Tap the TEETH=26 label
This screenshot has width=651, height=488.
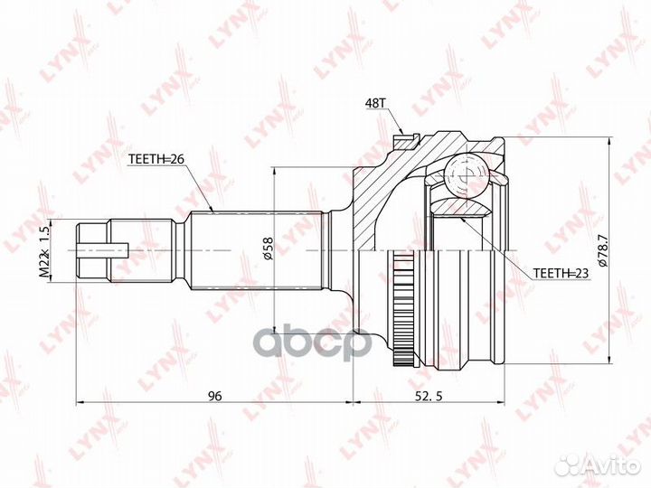[x=156, y=159]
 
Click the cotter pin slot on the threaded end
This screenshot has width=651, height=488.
[x=117, y=249]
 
